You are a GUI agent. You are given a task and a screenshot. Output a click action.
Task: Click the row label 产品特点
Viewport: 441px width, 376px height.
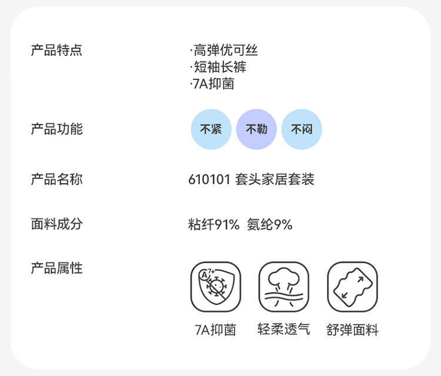click(x=56, y=51)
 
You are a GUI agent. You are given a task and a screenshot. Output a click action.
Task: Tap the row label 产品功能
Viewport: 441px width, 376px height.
click(x=56, y=129)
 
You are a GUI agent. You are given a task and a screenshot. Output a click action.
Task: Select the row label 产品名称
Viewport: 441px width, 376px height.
click(x=56, y=179)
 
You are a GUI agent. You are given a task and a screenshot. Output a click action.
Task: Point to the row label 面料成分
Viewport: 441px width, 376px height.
click(x=56, y=224)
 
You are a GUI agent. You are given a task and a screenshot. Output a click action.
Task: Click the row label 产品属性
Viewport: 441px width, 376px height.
click(x=56, y=268)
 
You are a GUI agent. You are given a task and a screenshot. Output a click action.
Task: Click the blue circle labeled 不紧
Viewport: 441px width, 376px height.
click(x=211, y=129)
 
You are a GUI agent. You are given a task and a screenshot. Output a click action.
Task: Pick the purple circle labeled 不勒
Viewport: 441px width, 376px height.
click(x=256, y=129)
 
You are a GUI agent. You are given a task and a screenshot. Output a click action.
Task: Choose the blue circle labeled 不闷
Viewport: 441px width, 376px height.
click(x=302, y=129)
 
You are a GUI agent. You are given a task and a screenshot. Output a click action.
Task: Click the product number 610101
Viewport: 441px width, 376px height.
click(x=209, y=179)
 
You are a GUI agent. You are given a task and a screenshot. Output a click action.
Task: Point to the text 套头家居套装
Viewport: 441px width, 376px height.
click(x=275, y=179)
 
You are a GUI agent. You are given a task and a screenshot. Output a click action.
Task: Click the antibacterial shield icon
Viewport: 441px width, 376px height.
click(x=216, y=287)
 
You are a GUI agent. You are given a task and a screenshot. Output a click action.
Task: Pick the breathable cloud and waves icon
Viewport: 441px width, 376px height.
click(x=284, y=287)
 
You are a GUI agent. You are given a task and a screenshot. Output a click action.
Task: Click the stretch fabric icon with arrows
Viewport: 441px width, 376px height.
click(x=352, y=287)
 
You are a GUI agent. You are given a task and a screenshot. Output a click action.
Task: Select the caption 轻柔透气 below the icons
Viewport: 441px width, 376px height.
click(x=283, y=330)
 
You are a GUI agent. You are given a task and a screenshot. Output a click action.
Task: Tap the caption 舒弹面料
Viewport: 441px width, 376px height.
click(x=352, y=330)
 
